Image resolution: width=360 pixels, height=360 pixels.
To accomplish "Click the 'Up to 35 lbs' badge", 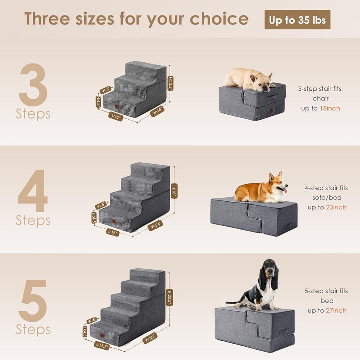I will pyautogui.click(x=297, y=20).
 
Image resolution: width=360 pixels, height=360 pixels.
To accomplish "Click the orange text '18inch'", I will pyautogui.click(x=330, y=108).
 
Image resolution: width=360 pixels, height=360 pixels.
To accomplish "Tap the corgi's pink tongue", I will pyautogui.click(x=285, y=190).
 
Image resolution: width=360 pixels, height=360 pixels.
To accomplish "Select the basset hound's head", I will pyautogui.click(x=269, y=272).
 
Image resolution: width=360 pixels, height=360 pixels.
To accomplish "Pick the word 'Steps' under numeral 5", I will pyautogui.click(x=33, y=329).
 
